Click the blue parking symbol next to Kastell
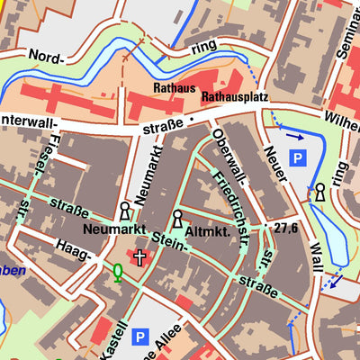(x=139, y=337)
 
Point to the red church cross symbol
(x=139, y=258)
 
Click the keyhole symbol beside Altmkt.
(x=178, y=219)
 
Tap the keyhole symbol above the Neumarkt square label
(x=124, y=211)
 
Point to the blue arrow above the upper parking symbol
(x=295, y=137)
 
